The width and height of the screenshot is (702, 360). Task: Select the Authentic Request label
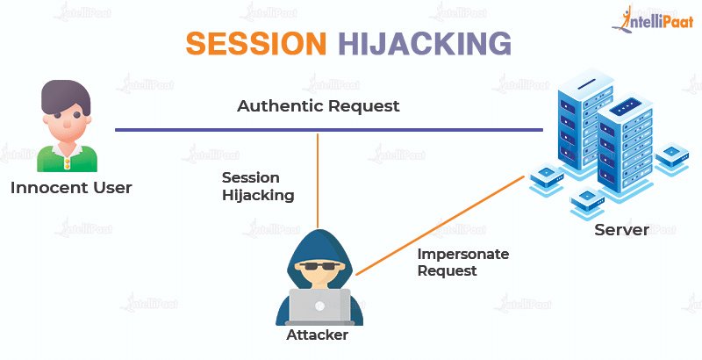click(x=319, y=106)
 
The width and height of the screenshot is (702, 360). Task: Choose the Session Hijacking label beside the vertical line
click(x=258, y=186)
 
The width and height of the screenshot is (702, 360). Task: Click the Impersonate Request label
click(x=463, y=263)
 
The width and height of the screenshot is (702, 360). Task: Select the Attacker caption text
click(x=318, y=335)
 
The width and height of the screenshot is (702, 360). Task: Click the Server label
click(x=621, y=230)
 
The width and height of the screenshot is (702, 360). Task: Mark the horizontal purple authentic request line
click(x=219, y=131)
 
